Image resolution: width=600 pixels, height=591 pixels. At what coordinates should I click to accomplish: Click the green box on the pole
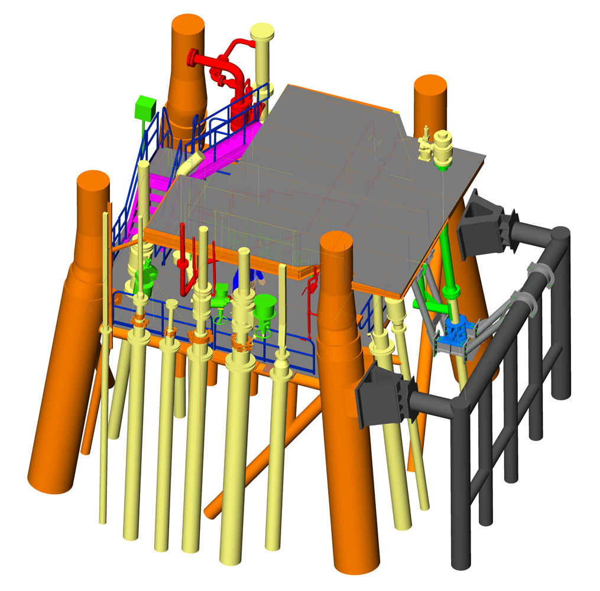[x=144, y=107]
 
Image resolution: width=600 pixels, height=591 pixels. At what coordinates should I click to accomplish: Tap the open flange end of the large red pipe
[x=192, y=58]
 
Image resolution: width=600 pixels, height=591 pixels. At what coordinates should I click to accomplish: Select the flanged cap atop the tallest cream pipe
[x=261, y=31]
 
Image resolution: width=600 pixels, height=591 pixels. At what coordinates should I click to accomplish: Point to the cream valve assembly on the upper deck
[x=437, y=147]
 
